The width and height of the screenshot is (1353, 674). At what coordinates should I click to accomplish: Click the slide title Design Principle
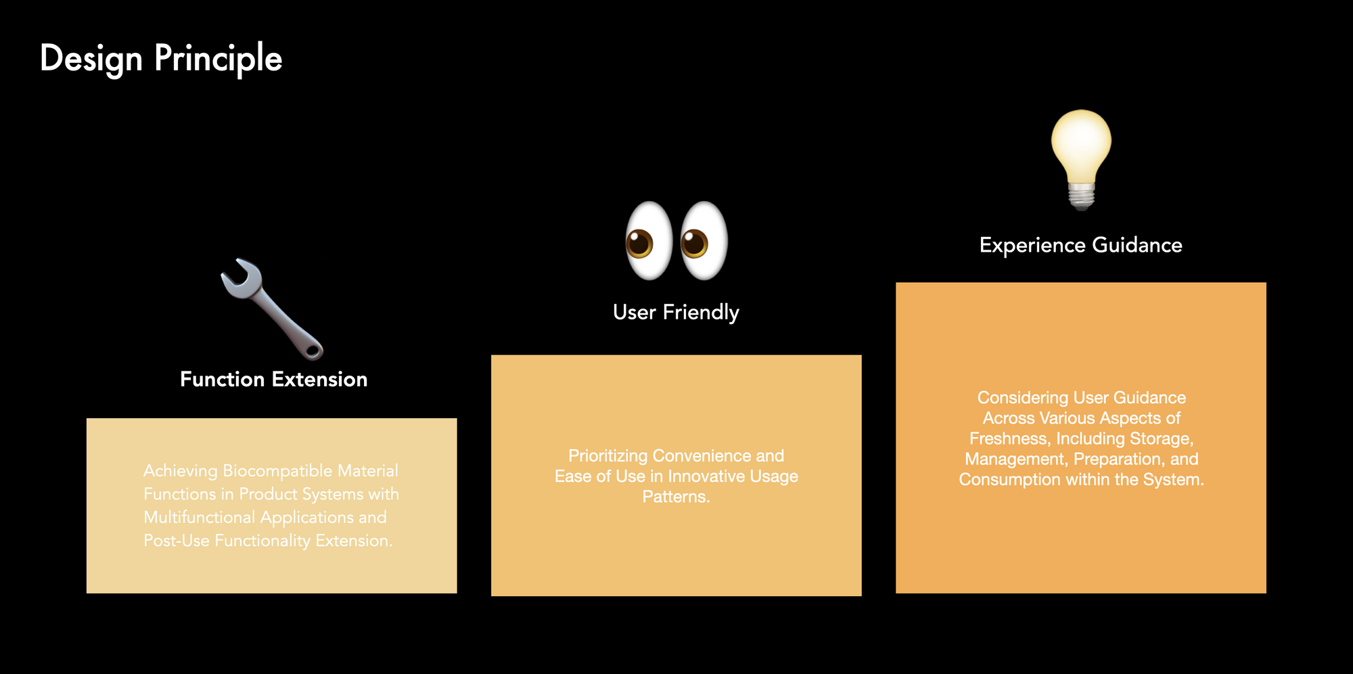click(161, 58)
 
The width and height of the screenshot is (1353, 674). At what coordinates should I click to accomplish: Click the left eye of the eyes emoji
click(648, 241)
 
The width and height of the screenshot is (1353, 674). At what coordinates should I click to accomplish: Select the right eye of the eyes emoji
click(704, 241)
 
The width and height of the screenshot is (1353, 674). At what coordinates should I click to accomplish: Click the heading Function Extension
click(273, 379)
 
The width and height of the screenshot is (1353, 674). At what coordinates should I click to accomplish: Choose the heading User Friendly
click(676, 312)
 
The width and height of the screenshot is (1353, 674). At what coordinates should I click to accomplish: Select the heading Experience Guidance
click(1080, 245)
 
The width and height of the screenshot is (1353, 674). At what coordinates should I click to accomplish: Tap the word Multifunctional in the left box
click(199, 517)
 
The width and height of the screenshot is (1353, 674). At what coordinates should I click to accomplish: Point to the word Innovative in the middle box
click(706, 476)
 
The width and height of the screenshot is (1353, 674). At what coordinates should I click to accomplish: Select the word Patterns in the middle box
click(674, 497)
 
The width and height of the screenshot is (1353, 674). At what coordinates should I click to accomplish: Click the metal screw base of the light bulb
click(1081, 196)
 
